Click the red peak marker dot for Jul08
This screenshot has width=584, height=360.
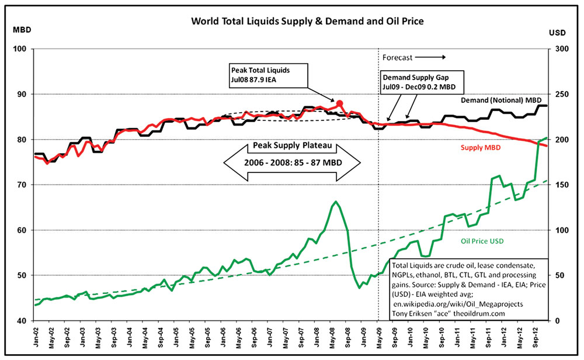click(x=339, y=103)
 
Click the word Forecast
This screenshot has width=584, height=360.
click(x=397, y=57)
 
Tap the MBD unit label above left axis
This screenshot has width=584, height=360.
click(x=22, y=29)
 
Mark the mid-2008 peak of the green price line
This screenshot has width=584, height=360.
click(x=335, y=202)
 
